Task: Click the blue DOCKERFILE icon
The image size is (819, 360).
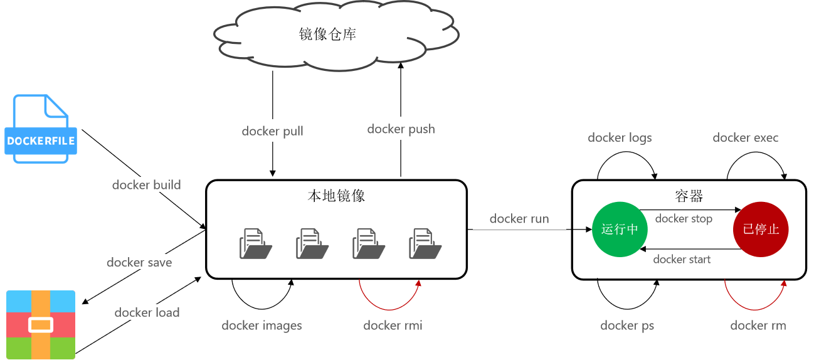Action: click(x=41, y=129)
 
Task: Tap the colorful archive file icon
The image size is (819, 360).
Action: click(x=41, y=324)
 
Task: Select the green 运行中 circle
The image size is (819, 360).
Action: click(x=620, y=229)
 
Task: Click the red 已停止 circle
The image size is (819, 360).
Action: click(x=761, y=229)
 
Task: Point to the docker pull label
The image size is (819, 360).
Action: click(x=272, y=131)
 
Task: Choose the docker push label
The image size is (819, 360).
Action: click(x=401, y=129)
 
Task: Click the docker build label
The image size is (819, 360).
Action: click(x=146, y=184)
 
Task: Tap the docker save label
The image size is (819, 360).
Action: click(x=139, y=262)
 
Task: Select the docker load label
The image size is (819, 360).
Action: click(x=147, y=312)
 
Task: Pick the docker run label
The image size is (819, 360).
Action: click(x=519, y=218)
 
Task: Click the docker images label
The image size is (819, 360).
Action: click(x=262, y=325)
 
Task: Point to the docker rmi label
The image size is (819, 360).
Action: click(x=393, y=325)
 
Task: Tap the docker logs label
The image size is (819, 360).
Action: click(x=620, y=137)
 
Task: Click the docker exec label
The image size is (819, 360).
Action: click(x=745, y=137)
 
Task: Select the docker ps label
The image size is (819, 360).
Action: click(x=627, y=325)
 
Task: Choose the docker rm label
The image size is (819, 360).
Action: click(x=758, y=325)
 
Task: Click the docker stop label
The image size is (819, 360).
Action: click(x=684, y=219)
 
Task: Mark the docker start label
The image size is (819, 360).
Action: click(x=682, y=259)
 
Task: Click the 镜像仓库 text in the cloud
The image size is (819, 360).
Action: click(x=327, y=34)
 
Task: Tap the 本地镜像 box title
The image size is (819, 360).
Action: click(x=336, y=196)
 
